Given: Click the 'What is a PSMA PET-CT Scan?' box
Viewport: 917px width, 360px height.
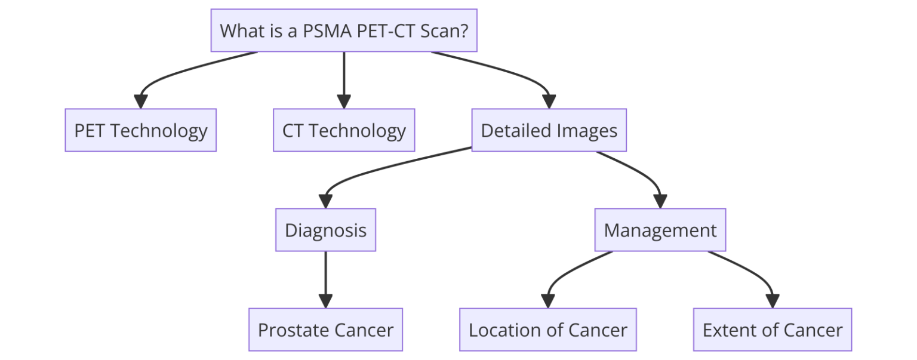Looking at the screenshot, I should [x=343, y=30].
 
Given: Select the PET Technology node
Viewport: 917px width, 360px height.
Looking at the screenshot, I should [x=140, y=130].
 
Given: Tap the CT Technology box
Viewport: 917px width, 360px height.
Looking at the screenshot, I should [x=343, y=130].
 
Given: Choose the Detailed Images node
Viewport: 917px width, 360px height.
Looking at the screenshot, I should [x=549, y=130].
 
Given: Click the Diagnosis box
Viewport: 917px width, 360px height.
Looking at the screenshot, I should [x=325, y=230].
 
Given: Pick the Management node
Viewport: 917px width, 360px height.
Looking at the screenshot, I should [x=660, y=230].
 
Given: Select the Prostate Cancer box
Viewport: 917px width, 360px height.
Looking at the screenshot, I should [x=325, y=330].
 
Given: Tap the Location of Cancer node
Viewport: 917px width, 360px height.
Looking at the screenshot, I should [x=547, y=330].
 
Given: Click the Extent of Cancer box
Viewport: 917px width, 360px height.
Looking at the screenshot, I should [x=772, y=330].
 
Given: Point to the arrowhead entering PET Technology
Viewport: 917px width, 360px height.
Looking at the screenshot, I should [x=140, y=102].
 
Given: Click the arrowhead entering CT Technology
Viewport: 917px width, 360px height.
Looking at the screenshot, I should [x=343, y=102].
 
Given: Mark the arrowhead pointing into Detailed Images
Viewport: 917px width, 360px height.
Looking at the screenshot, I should [x=549, y=102].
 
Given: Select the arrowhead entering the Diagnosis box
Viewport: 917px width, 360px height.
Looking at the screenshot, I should [x=325, y=202].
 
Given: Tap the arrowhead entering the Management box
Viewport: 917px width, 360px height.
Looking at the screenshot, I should [x=660, y=202].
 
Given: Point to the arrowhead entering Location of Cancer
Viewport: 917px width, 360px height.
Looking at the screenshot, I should [x=547, y=301].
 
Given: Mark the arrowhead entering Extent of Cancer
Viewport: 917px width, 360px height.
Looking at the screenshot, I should [x=772, y=301].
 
